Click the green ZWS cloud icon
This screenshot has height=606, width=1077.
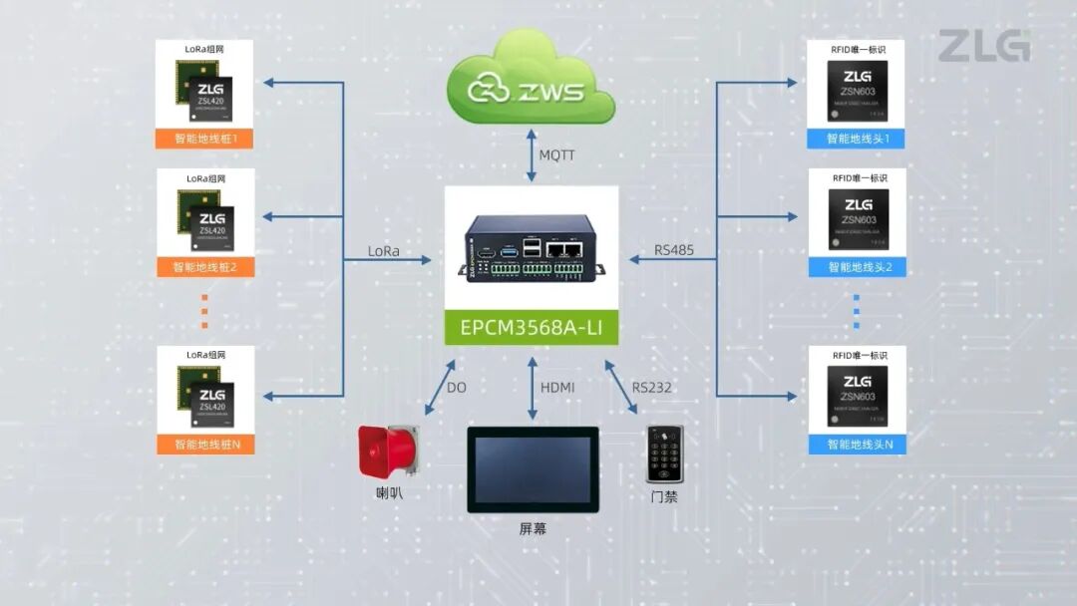(531, 83)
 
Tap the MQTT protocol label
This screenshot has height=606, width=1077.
(556, 155)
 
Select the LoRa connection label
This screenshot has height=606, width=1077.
(383, 251)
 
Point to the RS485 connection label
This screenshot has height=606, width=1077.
(674, 251)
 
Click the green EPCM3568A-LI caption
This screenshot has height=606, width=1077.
(531, 327)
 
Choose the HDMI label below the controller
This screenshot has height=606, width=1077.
(557, 387)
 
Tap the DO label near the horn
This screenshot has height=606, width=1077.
(456, 387)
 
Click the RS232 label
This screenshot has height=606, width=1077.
(652, 387)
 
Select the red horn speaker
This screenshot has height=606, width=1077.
(389, 451)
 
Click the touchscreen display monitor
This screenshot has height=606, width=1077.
(533, 469)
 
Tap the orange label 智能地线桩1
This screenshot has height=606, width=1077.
(205, 139)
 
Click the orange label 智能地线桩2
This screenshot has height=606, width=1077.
(205, 267)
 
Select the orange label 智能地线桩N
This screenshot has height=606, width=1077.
(205, 445)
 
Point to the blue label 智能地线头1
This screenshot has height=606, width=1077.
(856, 139)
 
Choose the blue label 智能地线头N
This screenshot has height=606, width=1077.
(856, 444)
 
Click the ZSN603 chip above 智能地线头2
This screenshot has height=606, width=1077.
(856, 221)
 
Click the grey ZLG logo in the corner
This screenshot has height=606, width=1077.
(983, 46)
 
